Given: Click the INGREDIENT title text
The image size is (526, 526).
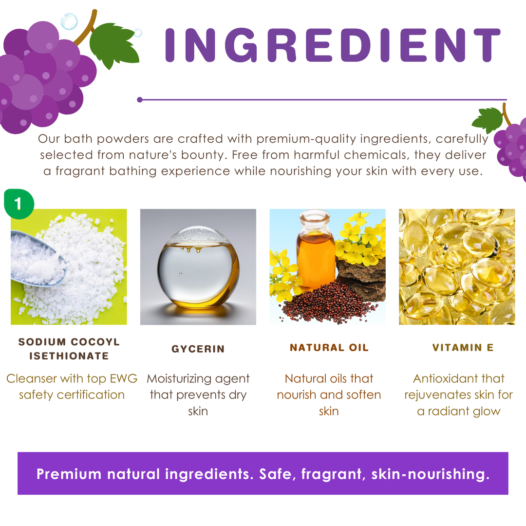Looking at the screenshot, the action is (x=333, y=45).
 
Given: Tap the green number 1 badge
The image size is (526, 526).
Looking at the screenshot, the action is (x=19, y=204).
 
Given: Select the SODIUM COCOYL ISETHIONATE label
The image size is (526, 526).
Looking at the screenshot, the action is (x=69, y=349).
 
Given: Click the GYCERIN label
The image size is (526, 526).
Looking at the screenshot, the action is (x=198, y=349).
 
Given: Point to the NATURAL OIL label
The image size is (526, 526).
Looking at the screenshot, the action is (x=329, y=348).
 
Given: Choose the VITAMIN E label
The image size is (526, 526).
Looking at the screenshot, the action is (x=463, y=348).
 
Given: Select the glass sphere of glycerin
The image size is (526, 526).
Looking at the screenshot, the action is (x=198, y=267).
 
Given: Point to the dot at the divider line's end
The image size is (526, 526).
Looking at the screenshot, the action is (x=140, y=100).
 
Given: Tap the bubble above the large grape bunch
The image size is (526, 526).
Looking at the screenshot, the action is (x=69, y=21).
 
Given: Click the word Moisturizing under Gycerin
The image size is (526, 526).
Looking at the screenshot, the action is (x=179, y=379).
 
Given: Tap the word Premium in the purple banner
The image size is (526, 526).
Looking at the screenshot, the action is (x=69, y=474).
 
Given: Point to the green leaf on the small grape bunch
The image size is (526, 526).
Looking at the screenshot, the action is (x=488, y=120).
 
